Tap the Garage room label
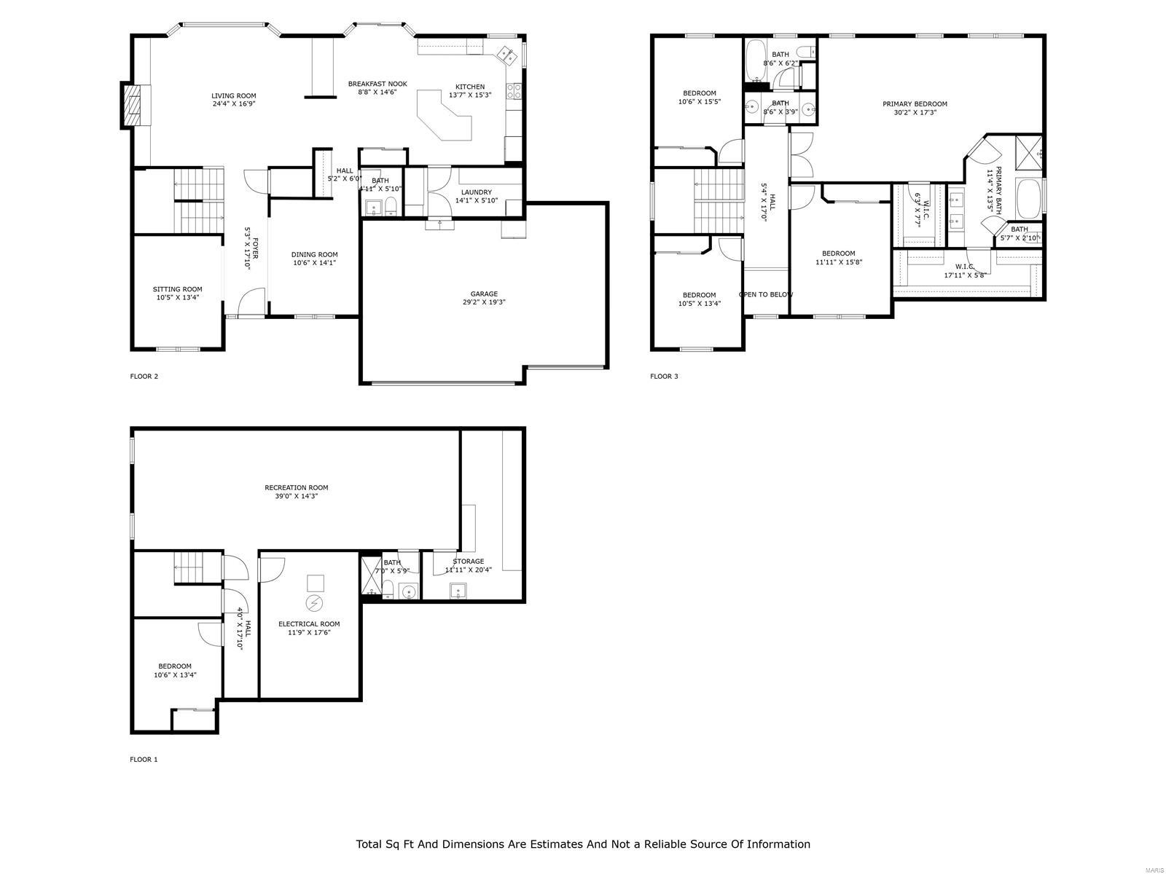pyautogui.click(x=484, y=294)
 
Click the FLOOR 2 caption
pyautogui.click(x=144, y=377)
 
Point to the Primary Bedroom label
pyautogui.click(x=915, y=103)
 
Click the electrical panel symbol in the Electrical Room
pyautogui.click(x=314, y=603)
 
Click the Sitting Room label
pyautogui.click(x=177, y=289)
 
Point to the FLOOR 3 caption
pyautogui.click(x=664, y=377)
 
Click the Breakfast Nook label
pyautogui.click(x=377, y=84)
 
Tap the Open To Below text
pyautogui.click(x=765, y=294)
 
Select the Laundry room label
pyautogui.click(x=477, y=192)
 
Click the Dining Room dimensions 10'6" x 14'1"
pyautogui.click(x=314, y=263)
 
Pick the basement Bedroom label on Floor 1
pyautogui.click(x=175, y=666)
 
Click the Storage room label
pyautogui.click(x=468, y=562)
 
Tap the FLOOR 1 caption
pyautogui.click(x=144, y=760)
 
